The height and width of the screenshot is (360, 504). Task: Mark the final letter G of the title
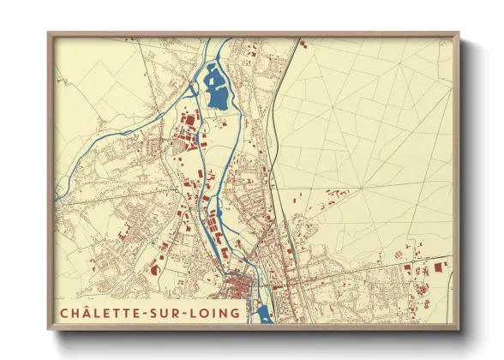(236, 313)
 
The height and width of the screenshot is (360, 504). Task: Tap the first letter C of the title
(63, 313)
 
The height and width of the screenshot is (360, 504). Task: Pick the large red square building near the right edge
(438, 267)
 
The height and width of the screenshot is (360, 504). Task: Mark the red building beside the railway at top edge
(301, 41)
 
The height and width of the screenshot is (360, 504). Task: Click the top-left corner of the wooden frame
(49, 33)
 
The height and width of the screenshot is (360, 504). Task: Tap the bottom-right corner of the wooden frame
(459, 329)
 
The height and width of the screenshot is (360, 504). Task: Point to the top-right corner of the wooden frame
(459, 33)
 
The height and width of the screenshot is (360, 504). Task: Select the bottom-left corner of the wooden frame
(49, 329)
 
